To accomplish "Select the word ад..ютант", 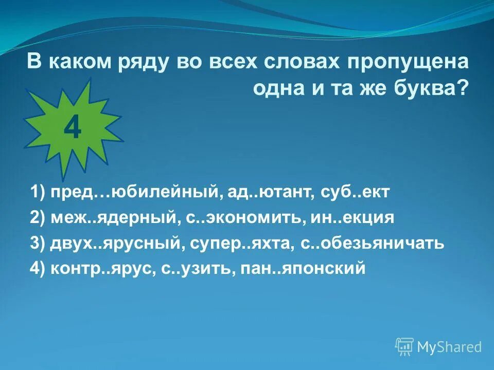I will [266, 194].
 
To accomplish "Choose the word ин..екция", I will [352, 218].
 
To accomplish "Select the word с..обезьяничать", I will [372, 243].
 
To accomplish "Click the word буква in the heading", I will [432, 88].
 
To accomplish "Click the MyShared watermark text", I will [449, 347].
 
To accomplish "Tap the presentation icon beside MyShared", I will [404, 347].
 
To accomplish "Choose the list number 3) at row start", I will [38, 243].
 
